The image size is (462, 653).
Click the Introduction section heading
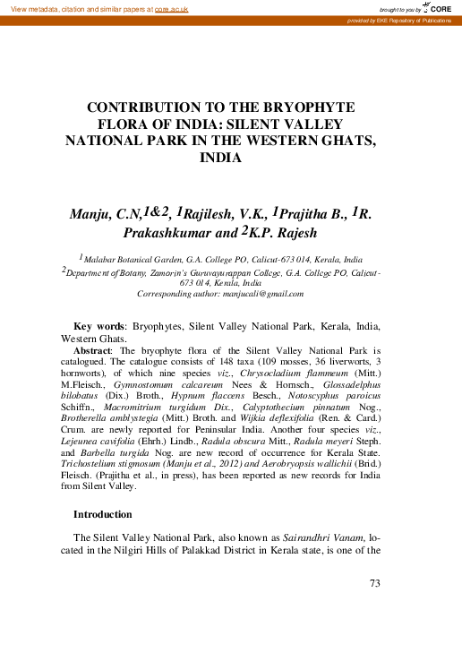pos(102,514)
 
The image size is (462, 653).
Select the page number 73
pos(375,584)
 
